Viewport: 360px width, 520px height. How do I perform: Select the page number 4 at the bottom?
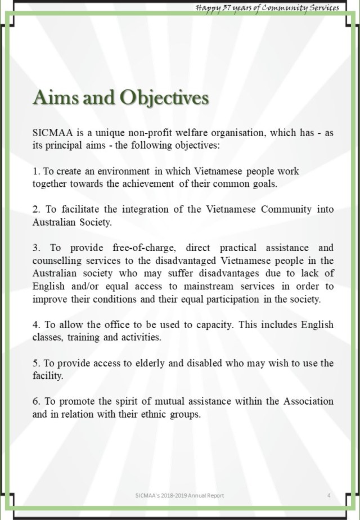pos(328,495)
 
